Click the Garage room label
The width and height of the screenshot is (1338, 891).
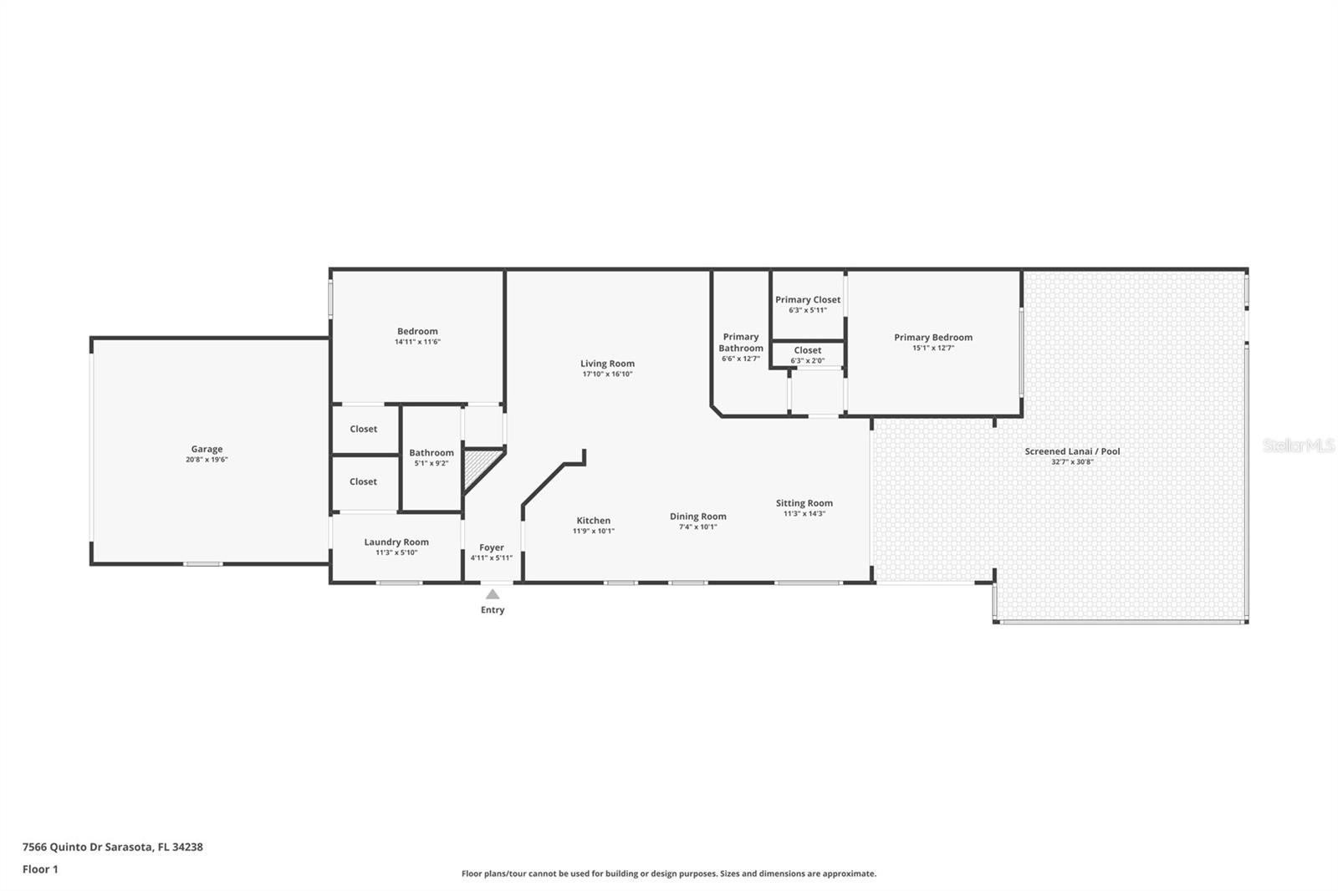point(207,449)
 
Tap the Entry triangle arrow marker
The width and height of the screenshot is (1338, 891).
point(493,594)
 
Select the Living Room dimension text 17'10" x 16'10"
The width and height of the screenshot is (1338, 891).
point(607,374)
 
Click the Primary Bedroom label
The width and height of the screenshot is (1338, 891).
point(932,338)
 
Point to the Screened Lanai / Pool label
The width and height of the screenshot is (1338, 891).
point(1072,451)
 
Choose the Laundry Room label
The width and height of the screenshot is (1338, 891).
point(396,542)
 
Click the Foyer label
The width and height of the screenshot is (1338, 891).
point(492,547)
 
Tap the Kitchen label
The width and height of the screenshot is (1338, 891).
point(593,521)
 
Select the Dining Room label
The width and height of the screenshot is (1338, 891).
point(697,517)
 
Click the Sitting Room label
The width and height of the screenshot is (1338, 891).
point(804,503)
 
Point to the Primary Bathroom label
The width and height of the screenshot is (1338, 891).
point(740,343)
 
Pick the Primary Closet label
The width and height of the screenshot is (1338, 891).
point(807,300)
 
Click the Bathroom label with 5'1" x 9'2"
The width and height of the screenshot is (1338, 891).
point(431,453)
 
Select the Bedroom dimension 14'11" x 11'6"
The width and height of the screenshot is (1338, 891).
point(417,342)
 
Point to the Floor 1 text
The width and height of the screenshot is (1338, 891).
point(40,869)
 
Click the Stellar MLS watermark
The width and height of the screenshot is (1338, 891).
point(1298,445)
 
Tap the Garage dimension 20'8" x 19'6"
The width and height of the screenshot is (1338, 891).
point(207,460)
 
